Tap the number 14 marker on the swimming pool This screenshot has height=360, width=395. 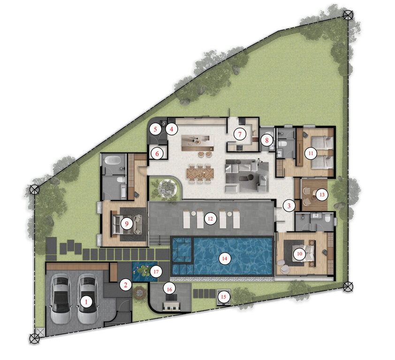click(225, 258)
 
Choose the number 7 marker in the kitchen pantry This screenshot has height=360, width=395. click(240, 135)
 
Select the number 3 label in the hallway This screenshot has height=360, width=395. click(289, 205)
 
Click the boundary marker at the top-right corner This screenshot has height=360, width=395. click(348, 15)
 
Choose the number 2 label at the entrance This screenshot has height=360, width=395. click(125, 284)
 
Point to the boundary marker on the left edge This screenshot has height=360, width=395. click(34, 190)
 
